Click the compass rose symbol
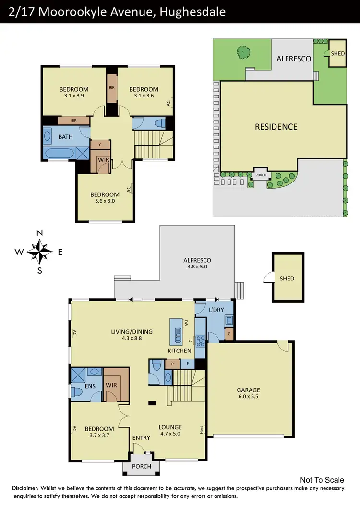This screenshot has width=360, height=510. (40, 251)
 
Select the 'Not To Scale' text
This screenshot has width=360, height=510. (322, 480)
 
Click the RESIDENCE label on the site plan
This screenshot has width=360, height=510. (276, 127)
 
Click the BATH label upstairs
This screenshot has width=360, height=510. (66, 137)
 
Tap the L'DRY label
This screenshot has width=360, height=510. (214, 311)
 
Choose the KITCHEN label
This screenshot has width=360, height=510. (180, 351)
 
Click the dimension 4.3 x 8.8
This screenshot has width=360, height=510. (132, 339)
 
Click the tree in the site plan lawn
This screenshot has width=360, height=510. (243, 51)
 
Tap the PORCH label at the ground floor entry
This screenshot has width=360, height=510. (141, 466)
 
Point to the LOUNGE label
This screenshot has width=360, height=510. (170, 427)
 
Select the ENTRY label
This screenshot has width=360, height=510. (142, 437)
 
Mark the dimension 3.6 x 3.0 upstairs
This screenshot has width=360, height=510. (105, 202)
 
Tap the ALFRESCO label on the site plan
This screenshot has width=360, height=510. (294, 59)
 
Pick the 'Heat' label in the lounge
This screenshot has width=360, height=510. (203, 429)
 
